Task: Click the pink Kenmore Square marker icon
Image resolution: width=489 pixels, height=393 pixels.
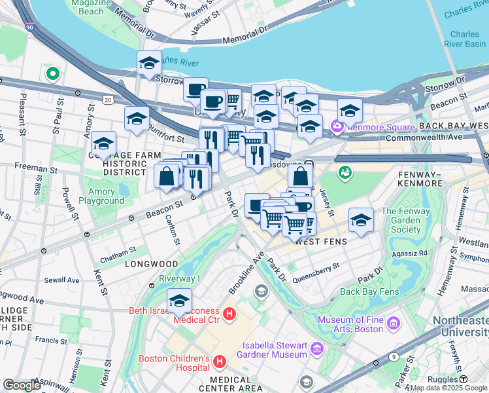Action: point(338,126)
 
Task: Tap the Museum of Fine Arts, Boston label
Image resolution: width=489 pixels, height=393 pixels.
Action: point(349,324)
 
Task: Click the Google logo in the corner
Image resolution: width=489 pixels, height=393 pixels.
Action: point(22,384)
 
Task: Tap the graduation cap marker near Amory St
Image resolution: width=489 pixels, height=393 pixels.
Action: point(103,143)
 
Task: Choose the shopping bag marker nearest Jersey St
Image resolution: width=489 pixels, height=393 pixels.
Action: point(300,176)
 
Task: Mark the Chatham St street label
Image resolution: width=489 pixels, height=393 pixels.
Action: point(118,250)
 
